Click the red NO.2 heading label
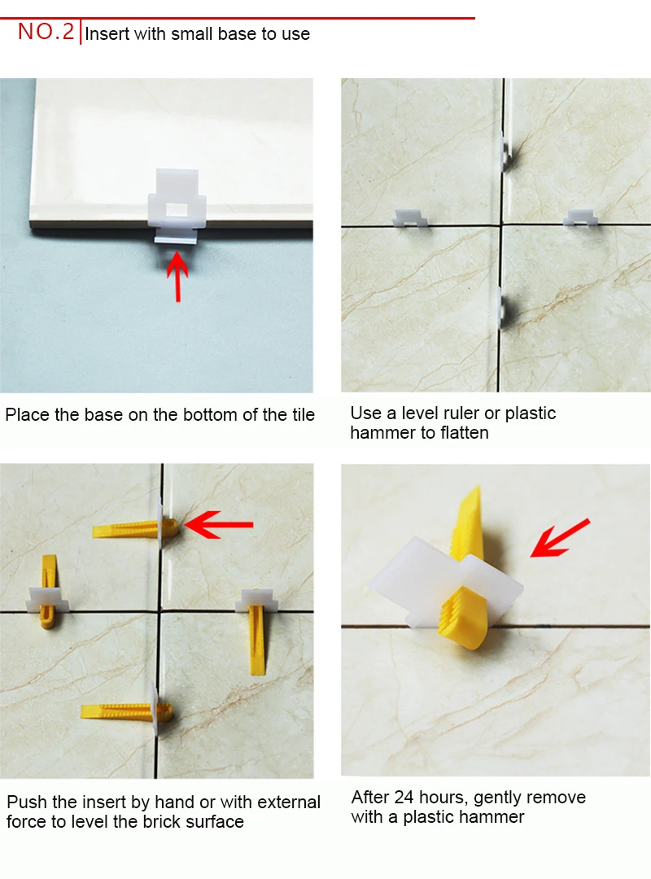(46, 32)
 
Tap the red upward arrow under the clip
(177, 277)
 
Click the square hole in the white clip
(177, 210)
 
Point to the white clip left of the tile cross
(410, 218)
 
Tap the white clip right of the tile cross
(580, 217)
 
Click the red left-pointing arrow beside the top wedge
(219, 525)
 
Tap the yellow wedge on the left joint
(49, 591)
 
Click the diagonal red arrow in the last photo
(560, 538)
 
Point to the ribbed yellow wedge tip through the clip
(463, 617)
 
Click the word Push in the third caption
(27, 802)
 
